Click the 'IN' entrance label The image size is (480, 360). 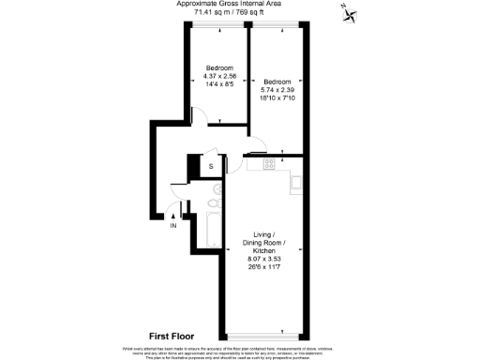(173, 226)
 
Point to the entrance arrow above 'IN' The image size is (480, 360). (173, 216)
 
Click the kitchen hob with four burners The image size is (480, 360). (269, 164)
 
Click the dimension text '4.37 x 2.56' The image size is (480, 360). (218, 76)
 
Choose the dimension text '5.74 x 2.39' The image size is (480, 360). (277, 89)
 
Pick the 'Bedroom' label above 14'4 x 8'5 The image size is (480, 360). (218, 67)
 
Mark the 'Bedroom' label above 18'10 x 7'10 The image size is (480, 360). (277, 81)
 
